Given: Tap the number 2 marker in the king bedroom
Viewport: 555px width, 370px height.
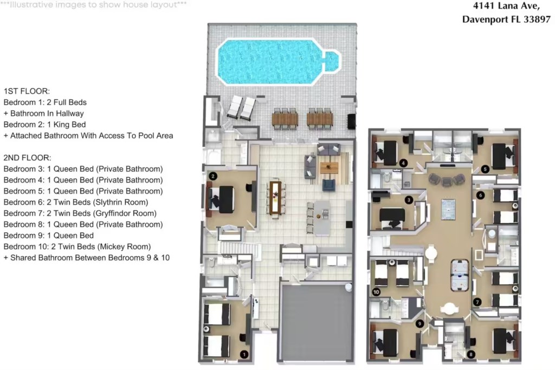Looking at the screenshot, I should point(213,176).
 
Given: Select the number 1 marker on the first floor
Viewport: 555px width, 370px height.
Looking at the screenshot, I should point(244,354).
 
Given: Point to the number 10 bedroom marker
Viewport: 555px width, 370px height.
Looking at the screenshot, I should point(376,292).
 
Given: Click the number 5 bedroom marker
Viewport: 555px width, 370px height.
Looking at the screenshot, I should point(485,168).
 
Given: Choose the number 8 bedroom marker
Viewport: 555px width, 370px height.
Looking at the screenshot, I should point(470,354).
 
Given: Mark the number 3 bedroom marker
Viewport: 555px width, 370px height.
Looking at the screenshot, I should point(409,200).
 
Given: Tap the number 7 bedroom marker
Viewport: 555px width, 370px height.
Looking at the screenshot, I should point(477,302).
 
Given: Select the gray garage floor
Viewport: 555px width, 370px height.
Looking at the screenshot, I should point(317,323).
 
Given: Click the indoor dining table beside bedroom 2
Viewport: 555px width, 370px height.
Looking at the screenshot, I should point(276,197).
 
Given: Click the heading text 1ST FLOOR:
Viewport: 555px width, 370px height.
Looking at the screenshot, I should point(27,91).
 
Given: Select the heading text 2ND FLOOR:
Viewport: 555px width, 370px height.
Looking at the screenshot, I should point(27,158).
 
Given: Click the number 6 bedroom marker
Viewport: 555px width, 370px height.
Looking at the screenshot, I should point(480,195).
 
